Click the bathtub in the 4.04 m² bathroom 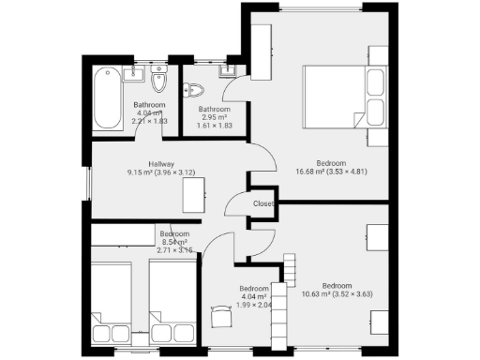[106, 98]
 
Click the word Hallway [160, 164]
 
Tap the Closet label [263, 203]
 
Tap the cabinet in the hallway [194, 195]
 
